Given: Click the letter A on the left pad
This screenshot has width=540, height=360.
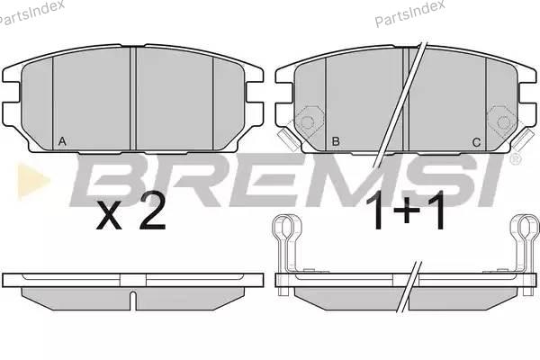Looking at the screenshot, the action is click(62, 141).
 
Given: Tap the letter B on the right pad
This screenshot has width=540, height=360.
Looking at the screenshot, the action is click(336, 141).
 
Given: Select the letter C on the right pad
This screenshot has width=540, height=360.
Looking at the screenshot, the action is click(476, 142).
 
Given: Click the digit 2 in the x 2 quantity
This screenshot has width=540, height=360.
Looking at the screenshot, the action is click(152, 210).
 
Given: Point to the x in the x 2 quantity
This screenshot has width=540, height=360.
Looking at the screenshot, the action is click(109, 215).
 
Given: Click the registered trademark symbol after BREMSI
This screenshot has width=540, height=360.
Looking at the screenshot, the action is click(515, 159).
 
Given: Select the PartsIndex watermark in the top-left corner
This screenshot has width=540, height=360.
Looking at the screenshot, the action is click(31, 12).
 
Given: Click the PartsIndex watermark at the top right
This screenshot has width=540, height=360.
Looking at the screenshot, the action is click(409, 13).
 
